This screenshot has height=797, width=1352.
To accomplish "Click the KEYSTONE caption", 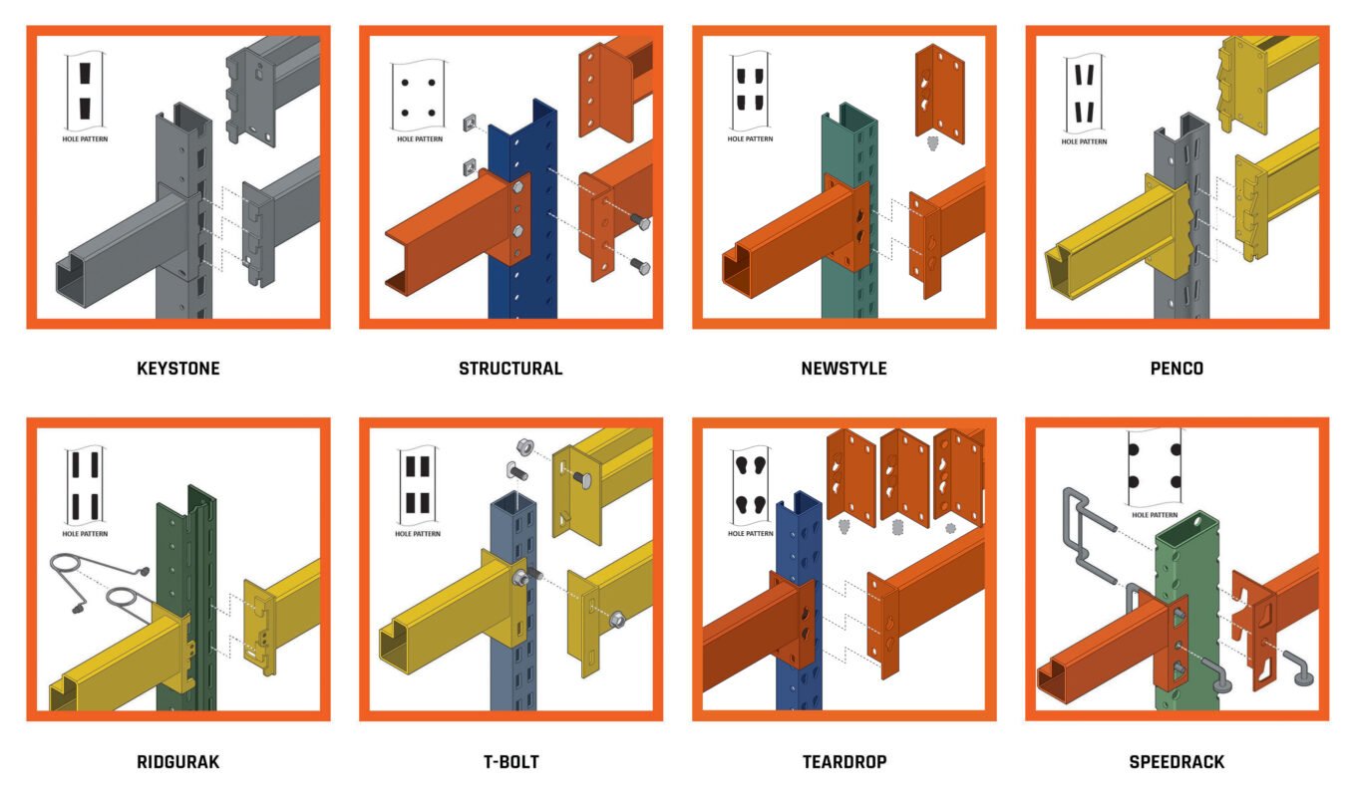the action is coord(178,369).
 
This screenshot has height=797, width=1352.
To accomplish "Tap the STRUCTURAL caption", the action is coord(510,369).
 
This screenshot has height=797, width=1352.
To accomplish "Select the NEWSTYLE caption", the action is coord(844,369).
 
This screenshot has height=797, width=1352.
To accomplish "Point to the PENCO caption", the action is coord(1177,369).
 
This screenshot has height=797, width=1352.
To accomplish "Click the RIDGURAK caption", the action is coord(178,762).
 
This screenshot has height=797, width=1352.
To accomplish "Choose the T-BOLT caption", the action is coord(511,762).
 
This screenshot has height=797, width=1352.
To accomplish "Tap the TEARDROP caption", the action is coord(845,762).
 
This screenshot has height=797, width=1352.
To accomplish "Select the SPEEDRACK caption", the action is coord(1177,762).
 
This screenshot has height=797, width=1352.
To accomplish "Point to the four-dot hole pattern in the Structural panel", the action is coord(419,96).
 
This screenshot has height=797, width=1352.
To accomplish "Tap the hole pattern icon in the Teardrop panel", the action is coord(750,487).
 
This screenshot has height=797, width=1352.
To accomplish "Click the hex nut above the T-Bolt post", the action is coord(524,447).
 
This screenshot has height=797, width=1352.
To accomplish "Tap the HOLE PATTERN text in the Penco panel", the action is coord(1084,141).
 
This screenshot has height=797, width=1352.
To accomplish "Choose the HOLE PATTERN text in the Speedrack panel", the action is coord(1155,515).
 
